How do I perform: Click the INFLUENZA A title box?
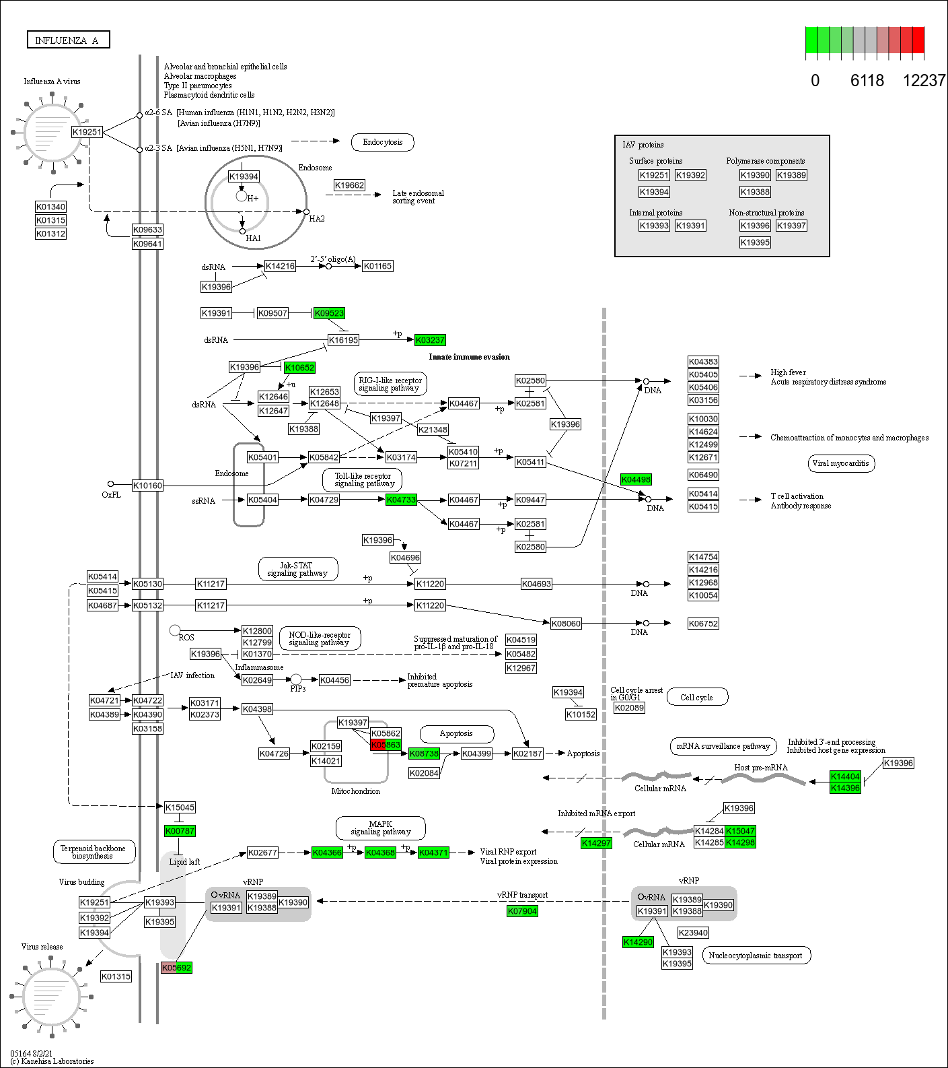click(68, 40)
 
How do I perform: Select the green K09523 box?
click(329, 313)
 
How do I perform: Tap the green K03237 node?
click(430, 340)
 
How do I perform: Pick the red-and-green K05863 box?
click(386, 745)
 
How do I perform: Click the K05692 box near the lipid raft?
click(176, 968)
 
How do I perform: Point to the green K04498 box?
click(636, 479)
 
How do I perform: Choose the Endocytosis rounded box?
click(382, 142)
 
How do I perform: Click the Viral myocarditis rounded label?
click(840, 463)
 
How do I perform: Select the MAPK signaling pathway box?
click(380, 828)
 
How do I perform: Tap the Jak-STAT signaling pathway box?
click(297, 569)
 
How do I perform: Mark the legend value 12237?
click(924, 81)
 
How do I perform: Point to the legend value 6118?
click(867, 81)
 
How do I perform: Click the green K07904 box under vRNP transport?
click(522, 911)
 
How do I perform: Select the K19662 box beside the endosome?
click(349, 185)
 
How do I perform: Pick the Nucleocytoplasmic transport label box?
click(756, 956)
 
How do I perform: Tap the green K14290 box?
click(638, 942)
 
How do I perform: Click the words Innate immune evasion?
click(469, 357)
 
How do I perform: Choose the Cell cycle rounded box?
click(696, 698)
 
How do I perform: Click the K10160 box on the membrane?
click(147, 486)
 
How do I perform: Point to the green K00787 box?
click(180, 831)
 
